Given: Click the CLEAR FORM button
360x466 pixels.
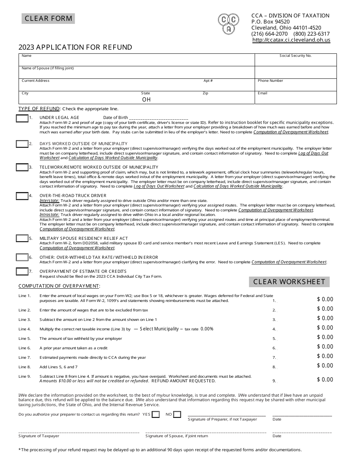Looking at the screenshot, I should tap(48, 19).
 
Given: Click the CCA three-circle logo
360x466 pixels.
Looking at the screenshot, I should tap(229, 23).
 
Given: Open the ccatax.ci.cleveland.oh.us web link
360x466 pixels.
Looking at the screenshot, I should tap(291, 40).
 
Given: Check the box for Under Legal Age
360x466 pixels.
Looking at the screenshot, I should tap(22, 119).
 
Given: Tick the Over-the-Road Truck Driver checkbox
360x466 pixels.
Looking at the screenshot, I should tap(22, 196).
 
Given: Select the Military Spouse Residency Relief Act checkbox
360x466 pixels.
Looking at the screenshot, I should tap(22, 238).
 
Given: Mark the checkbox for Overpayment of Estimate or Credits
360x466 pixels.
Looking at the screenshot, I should tap(22, 271).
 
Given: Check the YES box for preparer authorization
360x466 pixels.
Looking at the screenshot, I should tap(155, 414).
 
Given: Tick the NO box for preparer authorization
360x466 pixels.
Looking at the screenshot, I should tap(177, 414).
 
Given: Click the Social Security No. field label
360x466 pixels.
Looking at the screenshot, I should tap(296, 56).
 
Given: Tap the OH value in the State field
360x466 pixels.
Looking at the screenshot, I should tap(146, 100).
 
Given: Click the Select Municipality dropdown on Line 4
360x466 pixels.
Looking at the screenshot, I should tap(158, 329).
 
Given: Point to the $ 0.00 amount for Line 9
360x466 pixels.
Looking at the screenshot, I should tap(325, 380).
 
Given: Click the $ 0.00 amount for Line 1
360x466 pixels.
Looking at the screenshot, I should tap(325, 299).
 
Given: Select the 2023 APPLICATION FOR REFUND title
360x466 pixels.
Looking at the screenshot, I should tap(75, 47).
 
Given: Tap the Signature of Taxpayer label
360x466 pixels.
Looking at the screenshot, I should tap(39, 436).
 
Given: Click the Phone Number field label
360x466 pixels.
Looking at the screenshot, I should tap(270, 81).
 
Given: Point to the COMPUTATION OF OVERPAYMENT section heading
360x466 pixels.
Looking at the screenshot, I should tap(59, 286).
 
